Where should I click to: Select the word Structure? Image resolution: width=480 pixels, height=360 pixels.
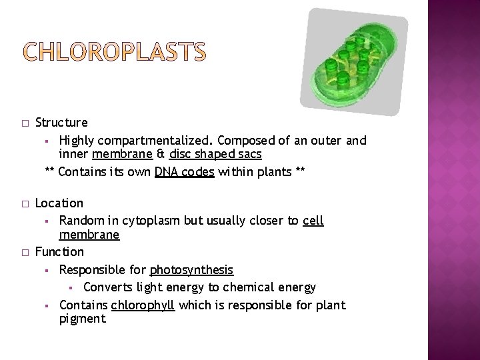61,123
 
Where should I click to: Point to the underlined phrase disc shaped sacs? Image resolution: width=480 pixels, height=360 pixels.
215,154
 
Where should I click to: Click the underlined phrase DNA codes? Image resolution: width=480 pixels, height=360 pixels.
185,173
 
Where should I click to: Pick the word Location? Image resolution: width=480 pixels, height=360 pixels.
59,203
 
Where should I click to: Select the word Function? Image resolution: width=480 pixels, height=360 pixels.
59,252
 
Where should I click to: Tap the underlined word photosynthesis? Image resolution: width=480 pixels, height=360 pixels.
191,270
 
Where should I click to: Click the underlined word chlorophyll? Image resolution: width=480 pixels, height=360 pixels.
143,305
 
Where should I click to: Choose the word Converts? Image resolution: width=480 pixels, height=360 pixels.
109,287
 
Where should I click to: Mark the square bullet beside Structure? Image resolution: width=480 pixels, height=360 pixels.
24,123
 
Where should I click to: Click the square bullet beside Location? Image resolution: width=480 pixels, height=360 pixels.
24,203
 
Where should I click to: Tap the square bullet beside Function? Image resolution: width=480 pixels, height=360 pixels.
24,252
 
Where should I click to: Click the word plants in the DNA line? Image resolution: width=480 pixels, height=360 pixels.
273,173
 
